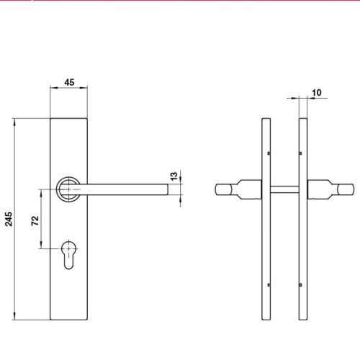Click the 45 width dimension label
[x=70, y=82]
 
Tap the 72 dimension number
[x=34, y=220]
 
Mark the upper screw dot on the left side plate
[x=269, y=152]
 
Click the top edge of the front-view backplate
[x=70, y=116]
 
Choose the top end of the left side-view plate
[x=265, y=116]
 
